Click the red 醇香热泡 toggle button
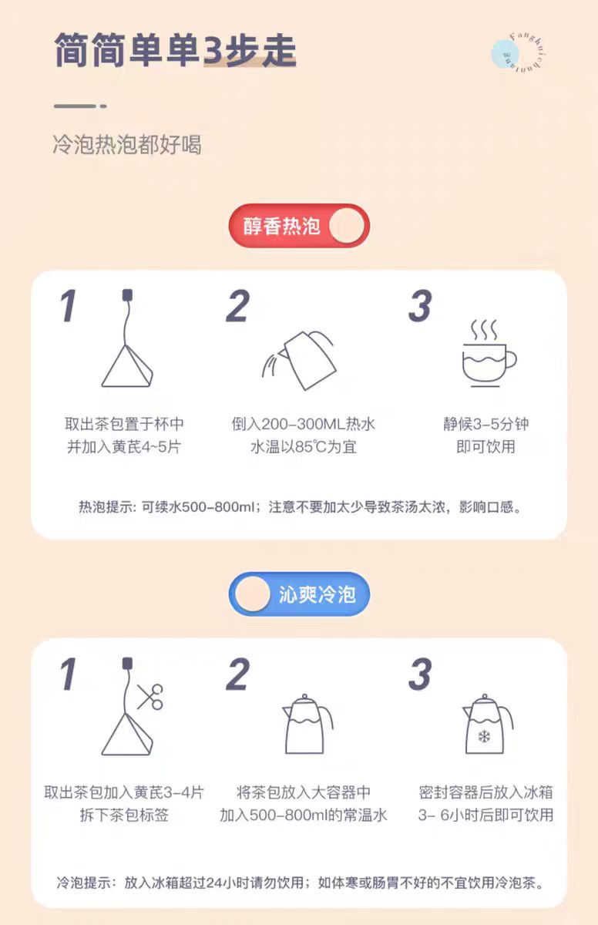coord(299,225)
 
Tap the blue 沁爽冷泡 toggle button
coord(299,594)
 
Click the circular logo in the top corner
coord(519,53)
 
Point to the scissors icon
coord(150,697)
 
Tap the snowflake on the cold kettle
coord(484,737)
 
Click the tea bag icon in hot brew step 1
coord(127,338)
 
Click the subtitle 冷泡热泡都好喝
coord(127,145)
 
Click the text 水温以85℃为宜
coord(304,447)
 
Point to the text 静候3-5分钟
coord(485,424)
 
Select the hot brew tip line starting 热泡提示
coord(300,506)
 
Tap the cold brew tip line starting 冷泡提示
coord(300,883)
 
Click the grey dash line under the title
coord(80,106)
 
